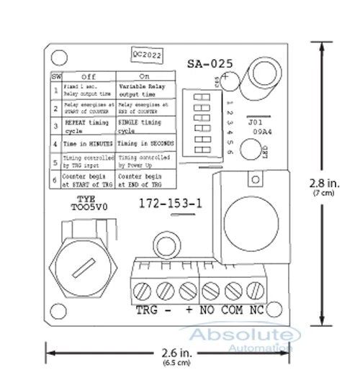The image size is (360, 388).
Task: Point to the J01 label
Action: pos(254,122)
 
